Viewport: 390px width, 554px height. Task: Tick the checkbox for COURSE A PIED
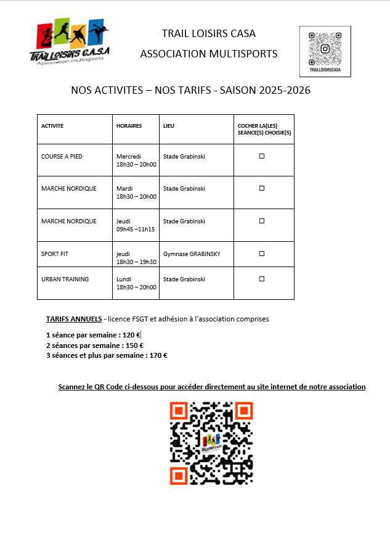261,157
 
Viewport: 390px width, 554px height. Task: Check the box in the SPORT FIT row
261,254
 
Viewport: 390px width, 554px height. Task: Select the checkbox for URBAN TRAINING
261,279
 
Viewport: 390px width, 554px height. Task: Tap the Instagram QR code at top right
325,48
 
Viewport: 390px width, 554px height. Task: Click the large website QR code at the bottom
211,443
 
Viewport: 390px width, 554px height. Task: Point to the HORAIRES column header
129,126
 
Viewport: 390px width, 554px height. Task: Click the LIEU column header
169,126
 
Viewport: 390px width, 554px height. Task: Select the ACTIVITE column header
52,126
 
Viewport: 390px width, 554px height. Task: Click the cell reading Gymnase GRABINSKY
192,254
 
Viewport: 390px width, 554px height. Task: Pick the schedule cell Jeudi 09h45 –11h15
136,225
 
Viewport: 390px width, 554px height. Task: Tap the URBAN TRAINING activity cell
65,279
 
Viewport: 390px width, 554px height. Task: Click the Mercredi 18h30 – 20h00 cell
136,160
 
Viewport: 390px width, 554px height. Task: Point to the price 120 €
132,335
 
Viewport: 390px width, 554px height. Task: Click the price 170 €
158,355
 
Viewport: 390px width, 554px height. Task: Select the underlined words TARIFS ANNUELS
74,320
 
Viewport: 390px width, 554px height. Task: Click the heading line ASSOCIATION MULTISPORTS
209,54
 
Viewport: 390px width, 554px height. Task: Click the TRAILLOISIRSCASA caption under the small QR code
325,71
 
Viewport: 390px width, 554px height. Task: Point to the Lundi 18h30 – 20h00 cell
136,283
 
